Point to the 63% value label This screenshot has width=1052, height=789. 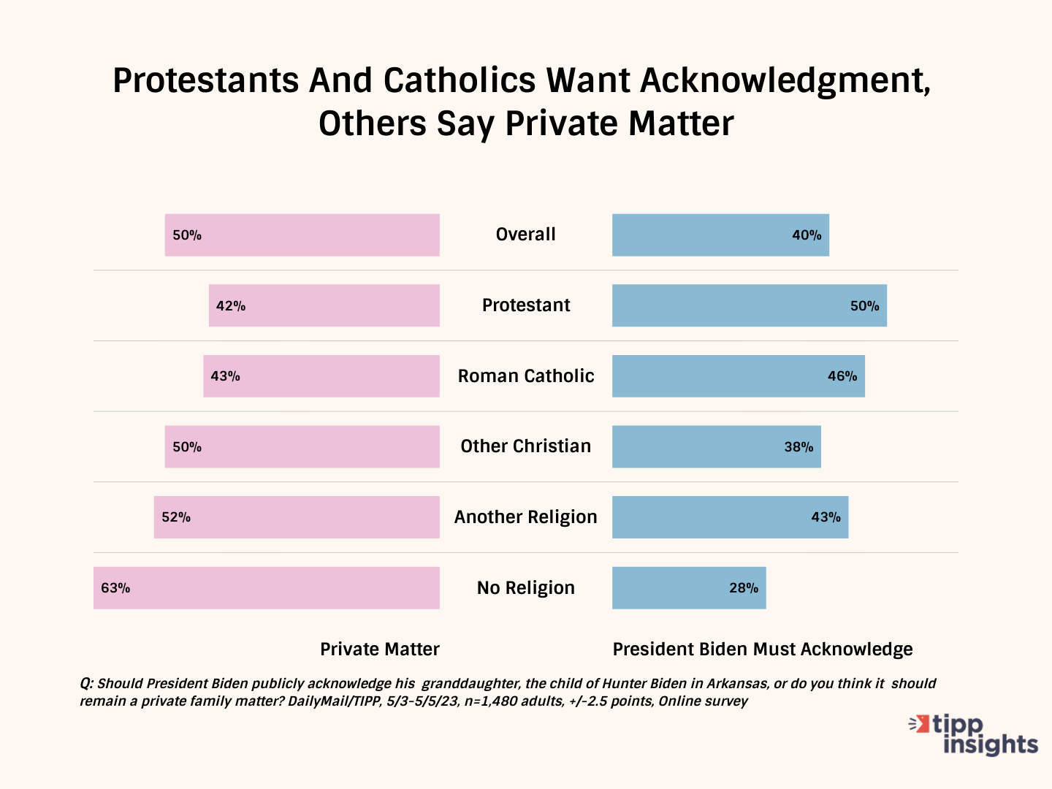[x=115, y=588]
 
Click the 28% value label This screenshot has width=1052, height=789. [x=744, y=588]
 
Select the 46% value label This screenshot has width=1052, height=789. [x=842, y=376]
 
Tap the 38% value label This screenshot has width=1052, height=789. [x=798, y=447]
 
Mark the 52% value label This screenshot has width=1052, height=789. [x=176, y=517]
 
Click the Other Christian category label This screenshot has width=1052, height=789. [x=526, y=446]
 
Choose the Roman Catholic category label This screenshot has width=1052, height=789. [x=526, y=376]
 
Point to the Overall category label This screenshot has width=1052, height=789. [x=526, y=235]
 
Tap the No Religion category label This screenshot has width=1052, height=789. [x=526, y=588]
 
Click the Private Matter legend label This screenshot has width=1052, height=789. [x=380, y=649]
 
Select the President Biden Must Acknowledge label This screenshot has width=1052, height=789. [x=763, y=649]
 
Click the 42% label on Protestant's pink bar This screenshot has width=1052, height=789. [x=231, y=306]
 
